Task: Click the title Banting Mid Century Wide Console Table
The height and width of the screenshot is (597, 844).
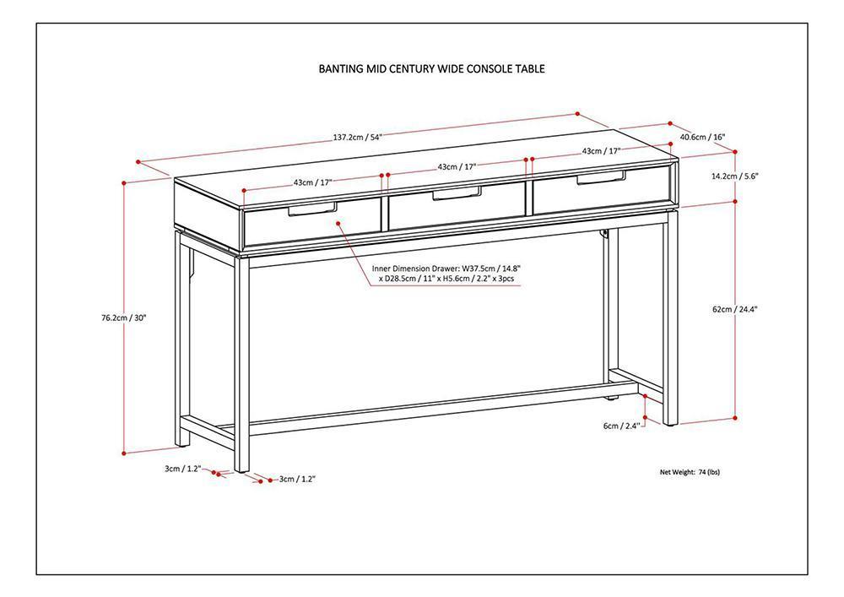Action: point(431,69)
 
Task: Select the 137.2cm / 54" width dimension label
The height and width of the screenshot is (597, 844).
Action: point(358,137)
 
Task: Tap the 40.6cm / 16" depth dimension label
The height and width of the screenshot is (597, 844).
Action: point(702,137)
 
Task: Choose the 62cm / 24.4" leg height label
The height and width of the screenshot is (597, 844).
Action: point(734,309)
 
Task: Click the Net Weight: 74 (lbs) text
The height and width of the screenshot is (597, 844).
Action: point(690,472)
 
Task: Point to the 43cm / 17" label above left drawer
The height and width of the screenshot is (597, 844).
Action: point(313,182)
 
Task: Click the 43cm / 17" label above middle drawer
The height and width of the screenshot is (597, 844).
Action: point(457,166)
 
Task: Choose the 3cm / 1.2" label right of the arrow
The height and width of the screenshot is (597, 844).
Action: point(297,479)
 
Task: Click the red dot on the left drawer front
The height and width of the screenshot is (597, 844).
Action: point(337,225)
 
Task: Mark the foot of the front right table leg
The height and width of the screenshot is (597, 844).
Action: point(670,421)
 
